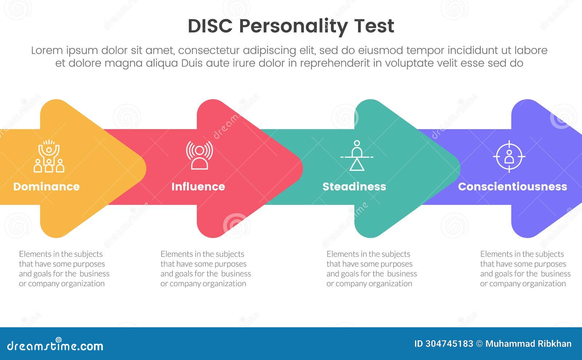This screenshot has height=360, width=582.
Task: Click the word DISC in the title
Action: tap(210, 26)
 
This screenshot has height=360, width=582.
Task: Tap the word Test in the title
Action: tap(374, 26)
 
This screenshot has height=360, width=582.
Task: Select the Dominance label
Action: tap(47, 187)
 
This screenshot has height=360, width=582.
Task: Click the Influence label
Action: tap(198, 187)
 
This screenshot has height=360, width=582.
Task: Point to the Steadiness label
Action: tap(354, 187)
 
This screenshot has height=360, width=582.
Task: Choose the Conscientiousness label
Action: tap(513, 187)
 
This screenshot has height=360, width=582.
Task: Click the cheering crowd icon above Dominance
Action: tap(49, 156)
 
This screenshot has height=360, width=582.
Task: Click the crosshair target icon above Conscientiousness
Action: tap(509, 156)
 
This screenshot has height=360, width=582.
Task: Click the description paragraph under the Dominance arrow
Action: tap(64, 269)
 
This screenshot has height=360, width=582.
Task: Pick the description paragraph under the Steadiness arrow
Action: tap(371, 269)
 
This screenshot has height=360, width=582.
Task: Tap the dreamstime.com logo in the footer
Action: tap(55, 345)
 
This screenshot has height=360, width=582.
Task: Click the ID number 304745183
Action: tap(449, 344)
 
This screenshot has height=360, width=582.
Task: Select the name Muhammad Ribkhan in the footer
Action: tap(528, 344)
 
